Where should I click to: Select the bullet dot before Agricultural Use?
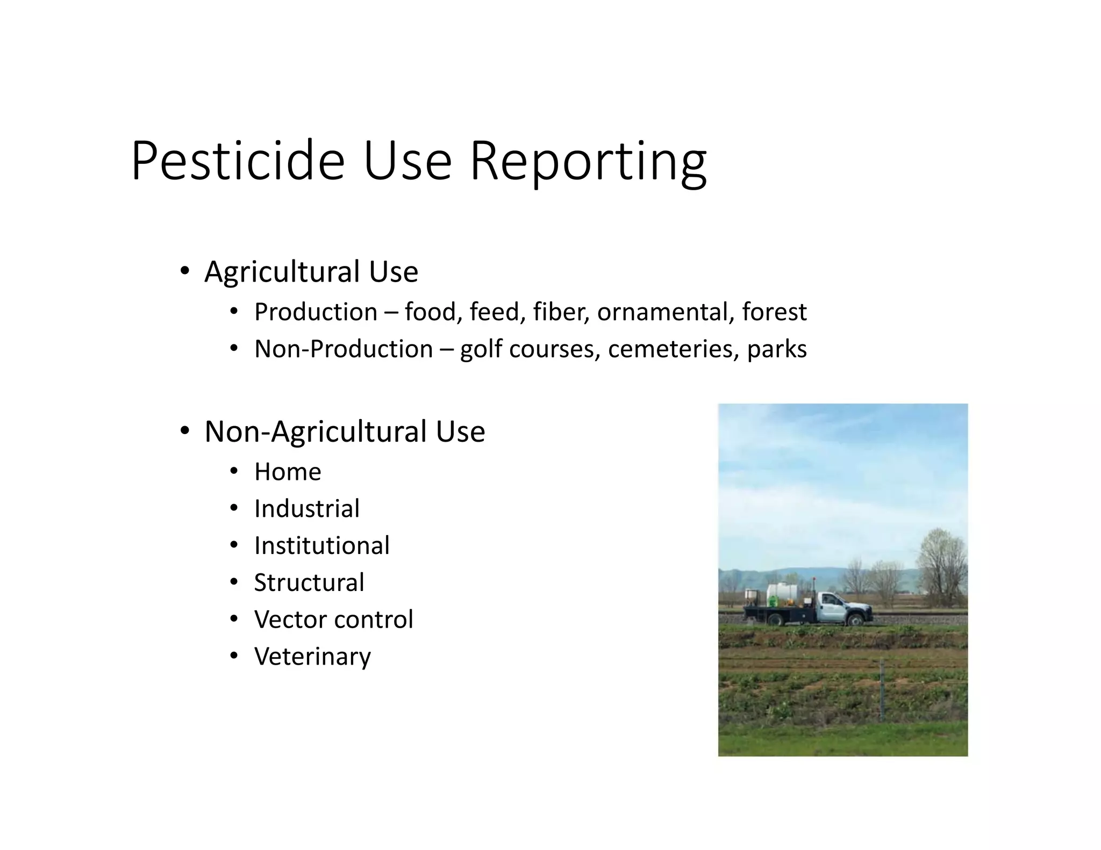coord(184,270)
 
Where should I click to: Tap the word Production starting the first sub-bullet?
coord(316,312)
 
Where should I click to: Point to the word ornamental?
coord(666,312)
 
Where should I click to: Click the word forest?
coord(774,312)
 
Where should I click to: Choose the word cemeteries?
coord(674,349)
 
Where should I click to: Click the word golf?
coord(481,349)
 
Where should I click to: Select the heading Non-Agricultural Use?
coord(345,431)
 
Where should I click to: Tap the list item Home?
coord(288,472)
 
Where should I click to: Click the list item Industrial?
coord(306,509)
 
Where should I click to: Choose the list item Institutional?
coord(321,546)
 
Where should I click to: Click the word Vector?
coord(289,620)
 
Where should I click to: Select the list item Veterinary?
coord(312,657)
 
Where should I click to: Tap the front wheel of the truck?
coord(854,619)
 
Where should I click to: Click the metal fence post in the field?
coord(882,691)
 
